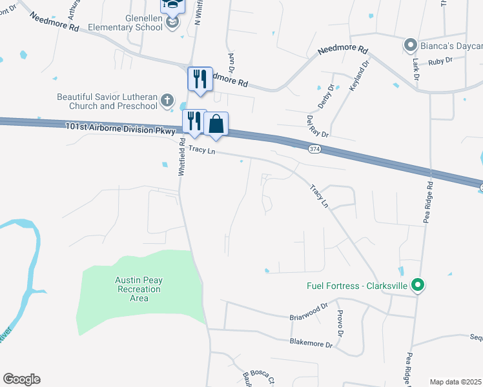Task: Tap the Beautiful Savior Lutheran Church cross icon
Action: point(167,100)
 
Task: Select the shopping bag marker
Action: point(216,123)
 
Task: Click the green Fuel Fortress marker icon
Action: point(418,284)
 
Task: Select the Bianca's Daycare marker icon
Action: point(410,45)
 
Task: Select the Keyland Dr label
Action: point(360,75)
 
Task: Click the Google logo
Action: point(21,379)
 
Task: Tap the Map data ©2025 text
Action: point(455,382)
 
